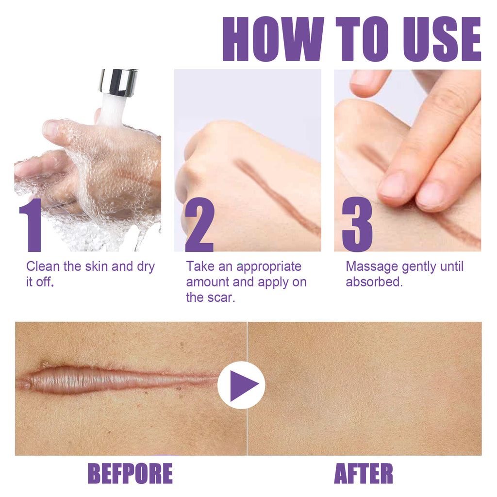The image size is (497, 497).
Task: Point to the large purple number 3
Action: pos(357,225)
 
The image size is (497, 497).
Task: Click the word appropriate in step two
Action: pos(269,267)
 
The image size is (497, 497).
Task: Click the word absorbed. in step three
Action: pos(374,282)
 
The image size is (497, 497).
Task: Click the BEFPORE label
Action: pos(130,474)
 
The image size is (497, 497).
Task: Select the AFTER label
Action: pos(364,474)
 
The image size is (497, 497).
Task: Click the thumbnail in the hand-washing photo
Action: pos(50,129)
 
